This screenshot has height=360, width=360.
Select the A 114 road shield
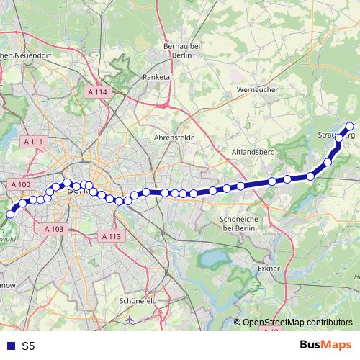point(97,92)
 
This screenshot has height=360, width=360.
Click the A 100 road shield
point(21,185)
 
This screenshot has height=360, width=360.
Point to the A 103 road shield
point(54,229)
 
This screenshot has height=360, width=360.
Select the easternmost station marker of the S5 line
point(351,126)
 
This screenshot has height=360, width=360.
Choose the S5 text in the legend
point(28,346)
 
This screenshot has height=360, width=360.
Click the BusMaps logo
point(325,346)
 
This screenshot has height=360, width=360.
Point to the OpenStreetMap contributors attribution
point(297,323)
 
